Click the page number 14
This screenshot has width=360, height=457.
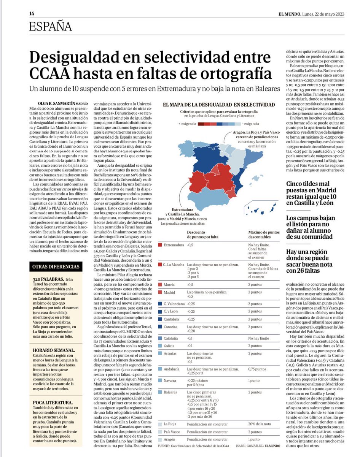point(32,14)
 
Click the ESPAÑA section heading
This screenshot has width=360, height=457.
point(51,26)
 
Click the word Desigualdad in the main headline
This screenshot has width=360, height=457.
point(80,58)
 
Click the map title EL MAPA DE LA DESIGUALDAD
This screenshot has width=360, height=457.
point(219,104)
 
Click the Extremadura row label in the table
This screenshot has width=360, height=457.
point(174,245)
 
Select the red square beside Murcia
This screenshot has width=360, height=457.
point(160,284)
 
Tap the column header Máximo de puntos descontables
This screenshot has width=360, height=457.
point(264,234)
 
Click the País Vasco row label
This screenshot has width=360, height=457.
point(173,432)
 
